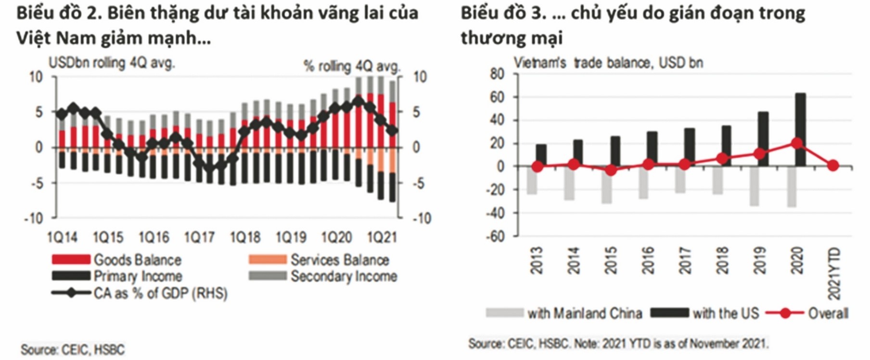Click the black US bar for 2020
click(800, 130)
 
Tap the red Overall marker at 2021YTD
click(833, 166)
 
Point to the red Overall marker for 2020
click(796, 143)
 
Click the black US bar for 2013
click(541, 155)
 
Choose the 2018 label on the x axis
click(722, 260)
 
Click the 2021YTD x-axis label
click(835, 273)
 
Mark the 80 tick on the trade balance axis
click(497, 75)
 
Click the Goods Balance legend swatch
click(71, 260)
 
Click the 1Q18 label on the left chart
click(245, 237)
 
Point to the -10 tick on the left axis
click(34, 218)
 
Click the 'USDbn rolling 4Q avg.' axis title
click(112, 63)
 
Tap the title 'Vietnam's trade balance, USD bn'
click(608, 63)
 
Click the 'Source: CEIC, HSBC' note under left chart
click(72, 349)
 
